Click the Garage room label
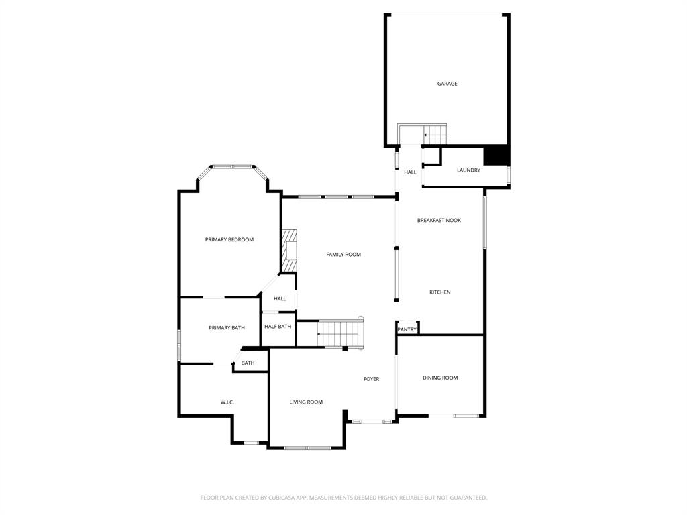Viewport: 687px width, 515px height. coord(447,84)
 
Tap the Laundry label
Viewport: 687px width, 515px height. coord(468,170)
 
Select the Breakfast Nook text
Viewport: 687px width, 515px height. coord(439,221)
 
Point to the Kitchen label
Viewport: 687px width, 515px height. coord(439,292)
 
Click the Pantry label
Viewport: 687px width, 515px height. coord(407,329)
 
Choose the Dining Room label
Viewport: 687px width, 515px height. coord(440,378)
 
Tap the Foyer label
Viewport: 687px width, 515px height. coord(371,379)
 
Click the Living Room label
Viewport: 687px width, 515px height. coord(306,402)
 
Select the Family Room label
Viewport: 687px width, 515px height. coord(343,255)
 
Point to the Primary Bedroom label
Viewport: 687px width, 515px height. coord(229,239)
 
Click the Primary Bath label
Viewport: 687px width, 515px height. coord(226,328)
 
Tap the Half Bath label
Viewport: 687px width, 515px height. coord(278,327)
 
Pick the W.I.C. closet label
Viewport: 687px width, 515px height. coord(227,402)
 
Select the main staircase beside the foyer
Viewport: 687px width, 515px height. coord(341,333)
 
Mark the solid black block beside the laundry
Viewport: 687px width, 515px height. coord(496,155)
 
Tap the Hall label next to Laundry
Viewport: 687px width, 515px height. coord(410,172)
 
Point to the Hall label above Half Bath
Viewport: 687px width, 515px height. coord(280,299)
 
